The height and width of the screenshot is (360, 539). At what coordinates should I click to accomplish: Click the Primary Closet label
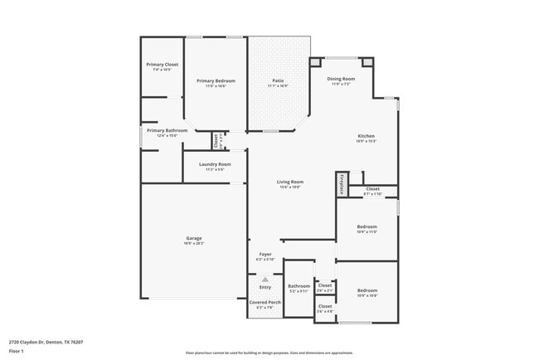click(162, 64)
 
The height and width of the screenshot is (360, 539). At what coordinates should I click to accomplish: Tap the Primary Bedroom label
click(216, 80)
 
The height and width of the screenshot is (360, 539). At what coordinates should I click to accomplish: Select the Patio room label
click(278, 80)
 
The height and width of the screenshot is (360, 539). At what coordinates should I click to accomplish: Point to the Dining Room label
click(341, 79)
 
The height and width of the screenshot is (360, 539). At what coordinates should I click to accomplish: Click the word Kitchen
click(366, 136)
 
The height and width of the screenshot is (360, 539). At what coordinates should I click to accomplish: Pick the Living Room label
click(289, 182)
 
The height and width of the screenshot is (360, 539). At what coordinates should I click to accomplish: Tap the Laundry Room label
click(215, 164)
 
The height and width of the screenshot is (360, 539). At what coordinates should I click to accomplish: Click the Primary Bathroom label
click(167, 130)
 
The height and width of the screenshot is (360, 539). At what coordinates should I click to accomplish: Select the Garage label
click(193, 239)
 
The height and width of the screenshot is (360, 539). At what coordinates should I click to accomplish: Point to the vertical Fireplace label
click(341, 183)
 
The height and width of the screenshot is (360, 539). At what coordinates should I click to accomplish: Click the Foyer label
click(265, 254)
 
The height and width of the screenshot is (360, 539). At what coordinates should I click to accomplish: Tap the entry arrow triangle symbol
click(265, 280)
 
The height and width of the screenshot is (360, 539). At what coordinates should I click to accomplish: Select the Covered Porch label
click(265, 302)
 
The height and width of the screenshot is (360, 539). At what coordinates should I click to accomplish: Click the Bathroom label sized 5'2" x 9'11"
click(299, 285)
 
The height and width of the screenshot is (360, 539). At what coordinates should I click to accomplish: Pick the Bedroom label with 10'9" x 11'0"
click(367, 226)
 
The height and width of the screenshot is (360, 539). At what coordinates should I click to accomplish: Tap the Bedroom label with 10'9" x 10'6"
click(367, 290)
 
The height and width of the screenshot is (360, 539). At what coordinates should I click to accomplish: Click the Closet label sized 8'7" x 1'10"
click(372, 189)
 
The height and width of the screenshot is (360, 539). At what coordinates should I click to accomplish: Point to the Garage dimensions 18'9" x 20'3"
click(193, 244)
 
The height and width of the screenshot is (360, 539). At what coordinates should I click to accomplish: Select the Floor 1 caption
click(17, 351)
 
